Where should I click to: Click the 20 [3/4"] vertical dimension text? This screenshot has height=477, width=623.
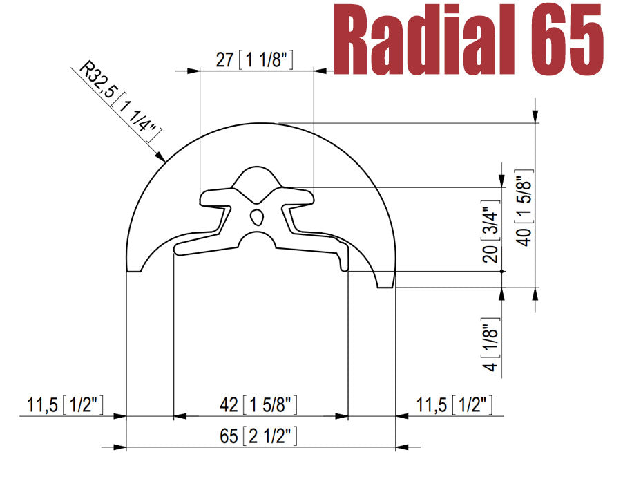(491, 234)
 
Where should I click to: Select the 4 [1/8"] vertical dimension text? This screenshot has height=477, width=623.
(491, 348)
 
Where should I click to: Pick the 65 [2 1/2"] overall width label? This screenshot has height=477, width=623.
(258, 437)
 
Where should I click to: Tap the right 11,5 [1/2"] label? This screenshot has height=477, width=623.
(455, 405)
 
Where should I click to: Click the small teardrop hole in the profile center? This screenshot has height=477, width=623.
(257, 216)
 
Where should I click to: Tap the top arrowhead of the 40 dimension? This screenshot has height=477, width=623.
(535, 118)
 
